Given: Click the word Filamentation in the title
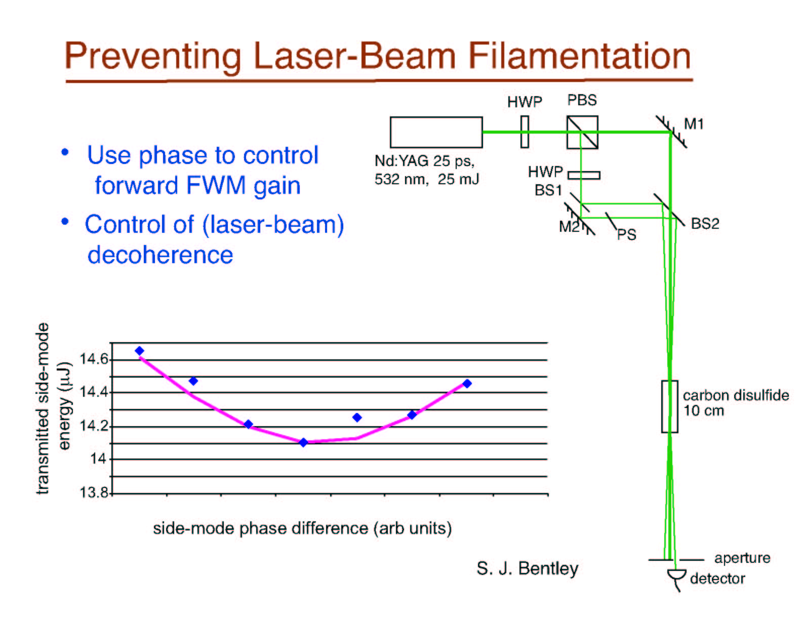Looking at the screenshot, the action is tap(579, 56).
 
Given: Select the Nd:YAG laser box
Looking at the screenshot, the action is tap(436, 132).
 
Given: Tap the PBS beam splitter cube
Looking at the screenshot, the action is tap(582, 132).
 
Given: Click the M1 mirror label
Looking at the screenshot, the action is tap(694, 124).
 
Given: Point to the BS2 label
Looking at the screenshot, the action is tap(705, 224).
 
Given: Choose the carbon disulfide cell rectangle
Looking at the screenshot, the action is tap(669, 406).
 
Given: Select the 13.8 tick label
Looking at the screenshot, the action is tap(94, 492).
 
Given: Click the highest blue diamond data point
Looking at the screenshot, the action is tap(139, 350).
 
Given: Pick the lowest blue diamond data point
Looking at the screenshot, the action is tap(303, 442).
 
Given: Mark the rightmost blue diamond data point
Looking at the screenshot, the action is tap(467, 384).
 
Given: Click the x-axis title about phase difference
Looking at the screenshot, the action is tap(303, 528).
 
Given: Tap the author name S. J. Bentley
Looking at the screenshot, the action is tap(528, 568).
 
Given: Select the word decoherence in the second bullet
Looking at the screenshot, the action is tap(160, 255).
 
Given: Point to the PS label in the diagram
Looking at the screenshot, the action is tap(627, 234).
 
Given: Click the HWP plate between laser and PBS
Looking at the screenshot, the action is tap(525, 132).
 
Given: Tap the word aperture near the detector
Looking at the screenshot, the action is tap(743, 558).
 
